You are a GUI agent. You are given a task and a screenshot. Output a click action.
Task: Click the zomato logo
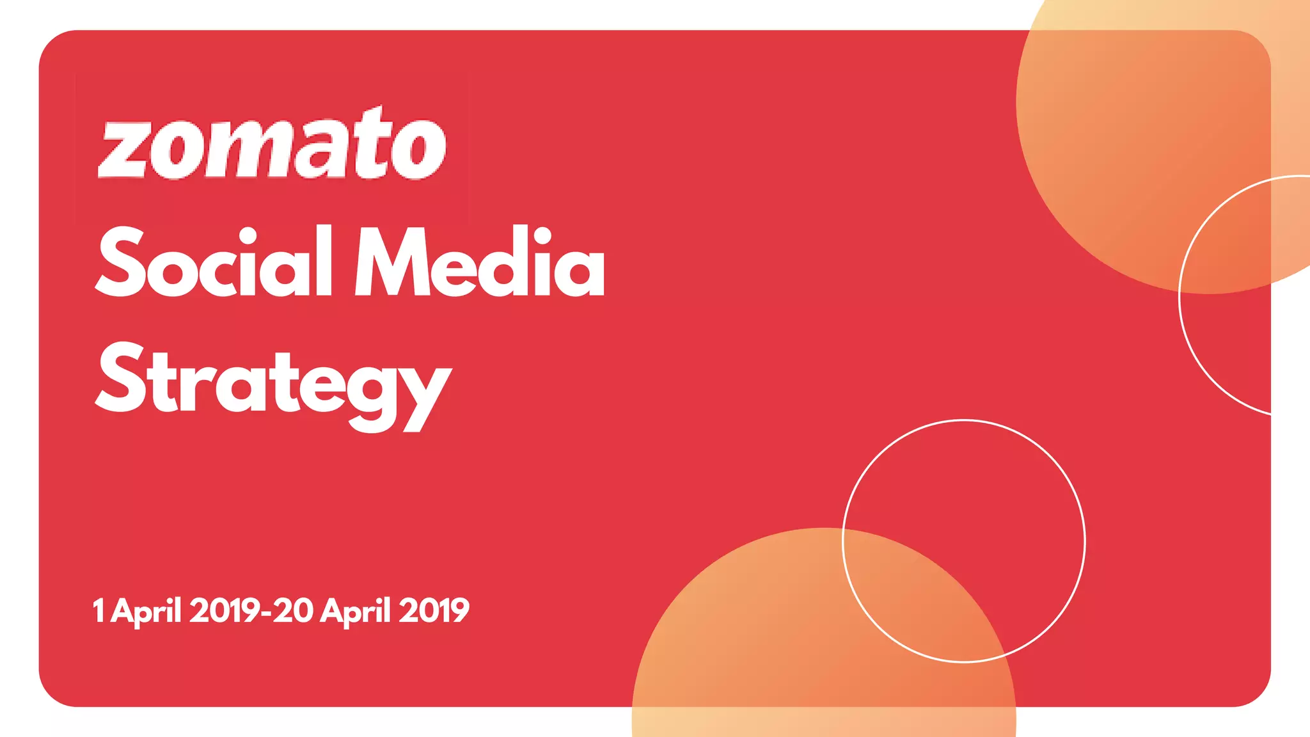click(272, 144)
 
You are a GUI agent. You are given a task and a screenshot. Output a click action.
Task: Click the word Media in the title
click(480, 262)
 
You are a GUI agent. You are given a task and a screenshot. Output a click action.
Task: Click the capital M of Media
click(391, 262)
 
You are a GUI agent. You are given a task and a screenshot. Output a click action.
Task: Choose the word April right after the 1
click(146, 611)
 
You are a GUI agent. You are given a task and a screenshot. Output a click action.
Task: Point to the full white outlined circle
click(964, 541)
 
